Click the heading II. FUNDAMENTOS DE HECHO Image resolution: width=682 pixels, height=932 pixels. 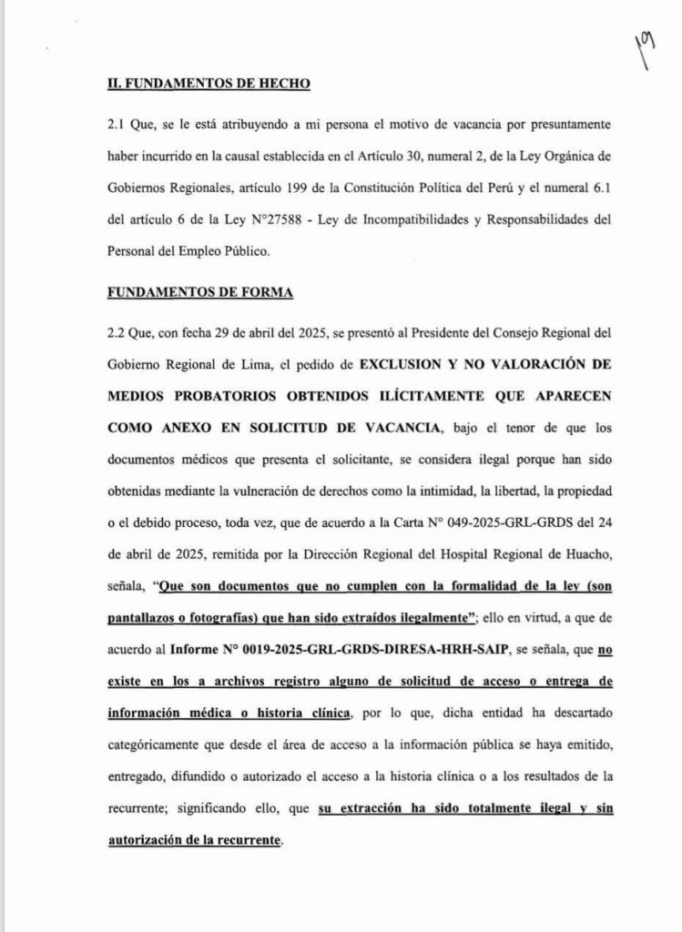click(x=209, y=84)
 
